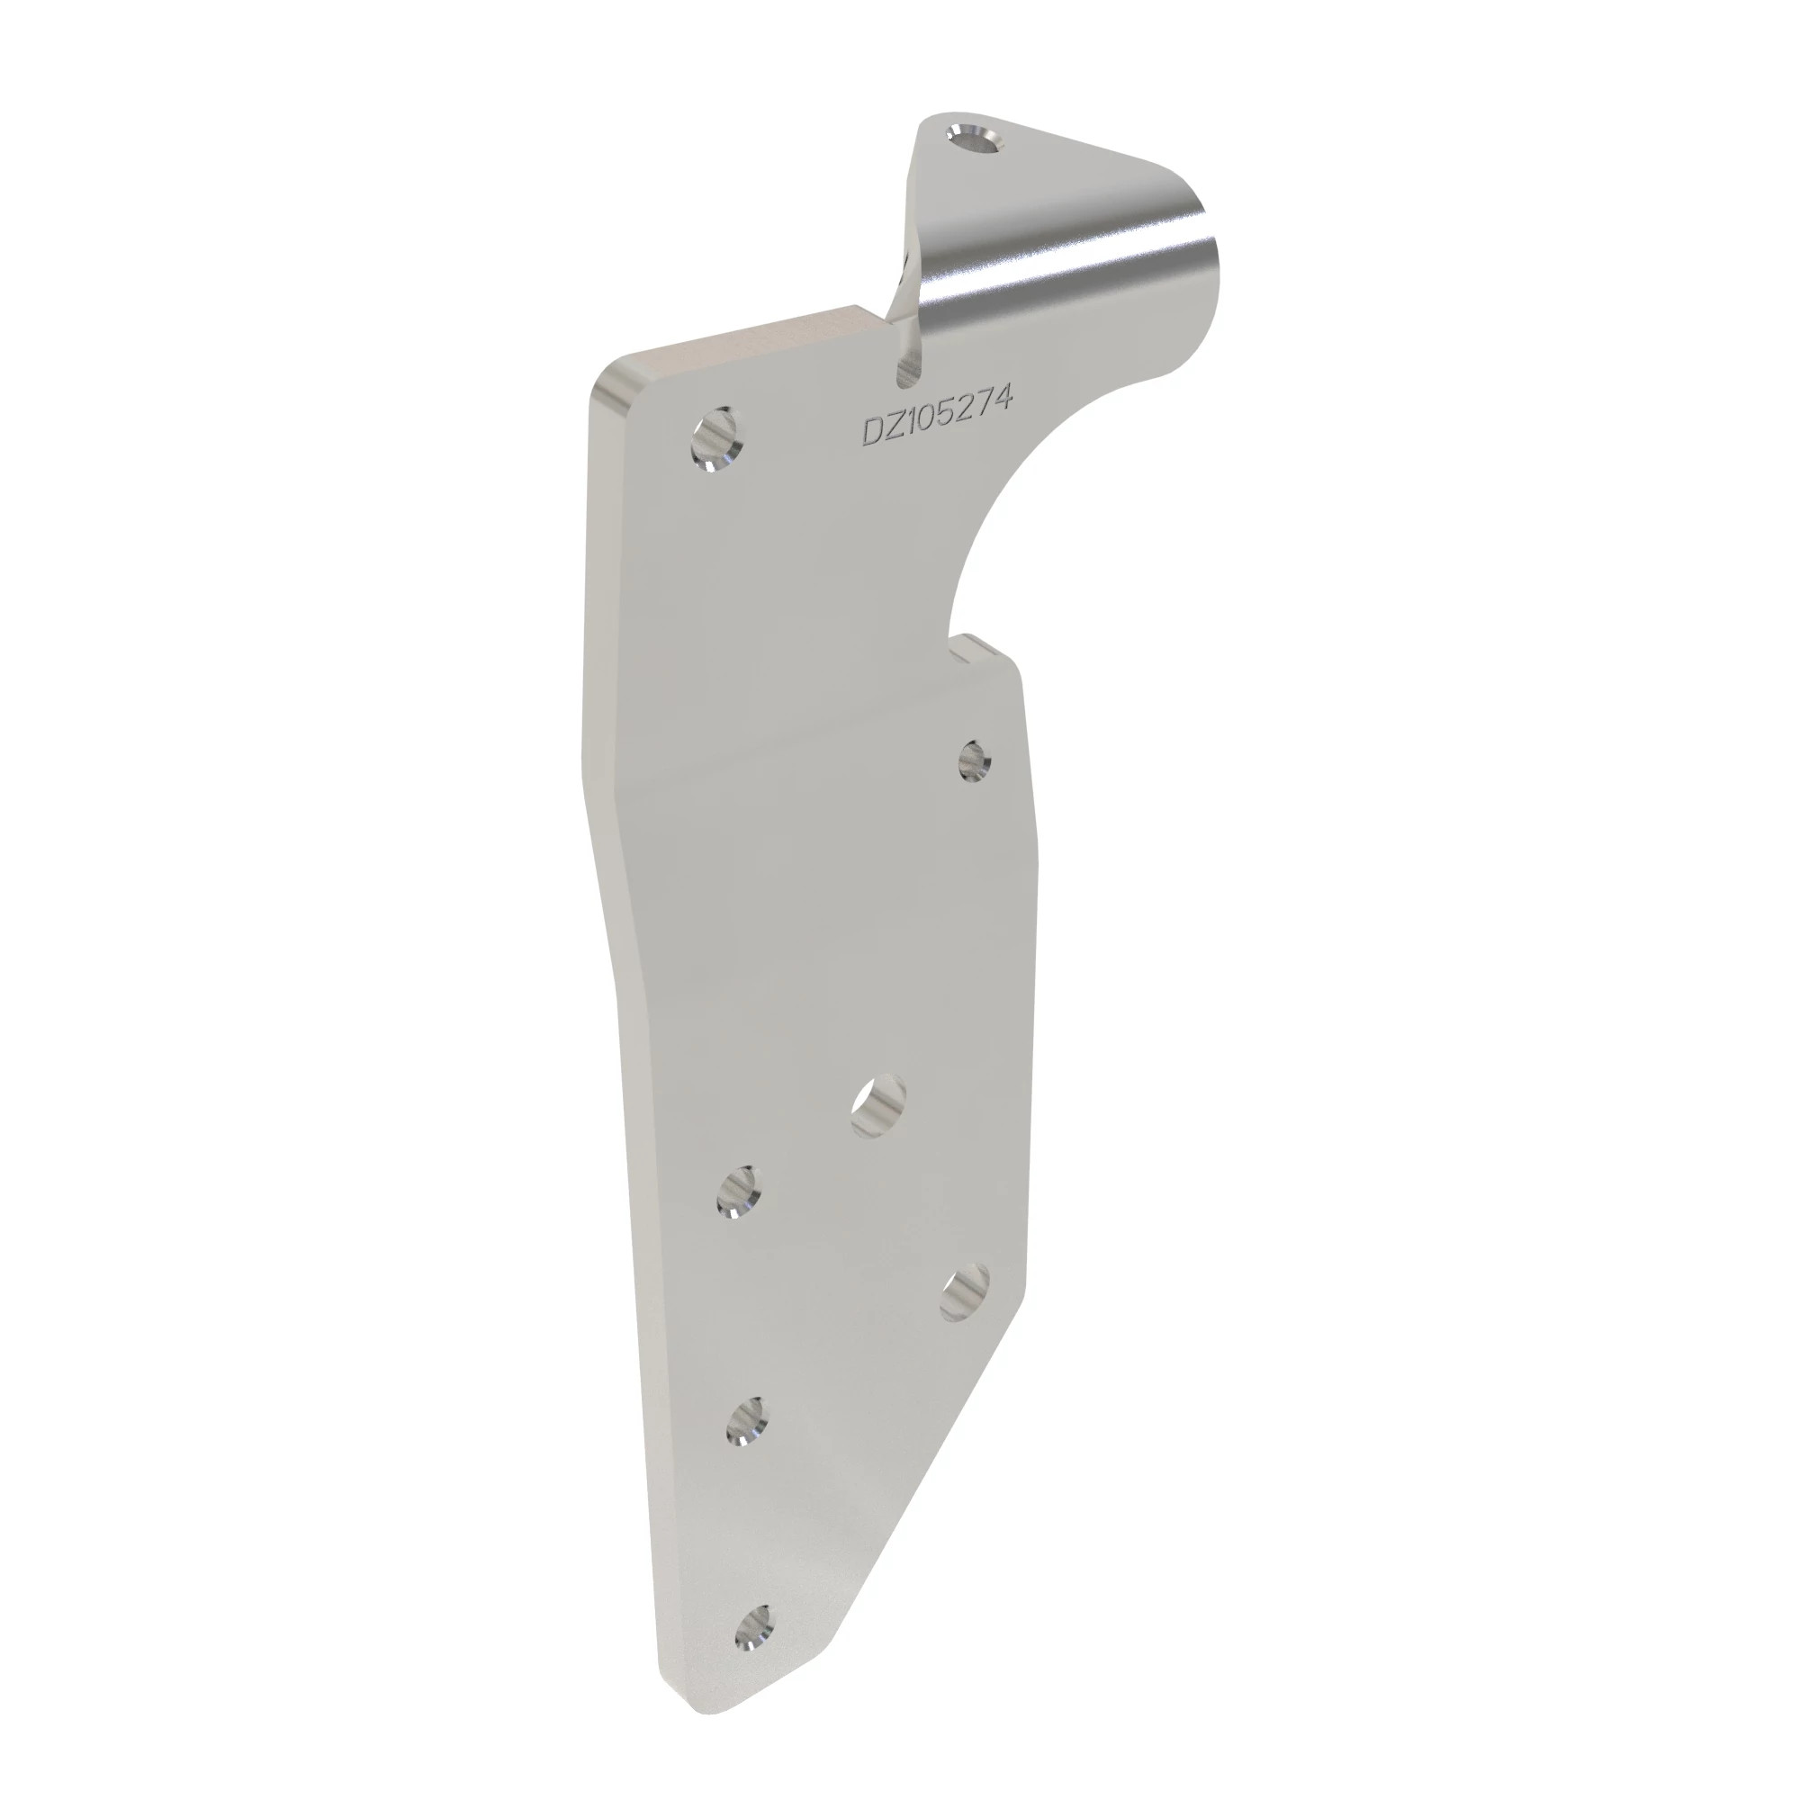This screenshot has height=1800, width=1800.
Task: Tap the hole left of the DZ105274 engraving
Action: pyautogui.click(x=716, y=441)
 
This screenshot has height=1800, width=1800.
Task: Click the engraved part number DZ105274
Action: pyautogui.click(x=935, y=416)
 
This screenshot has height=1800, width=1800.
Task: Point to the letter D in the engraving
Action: pyautogui.click(x=875, y=432)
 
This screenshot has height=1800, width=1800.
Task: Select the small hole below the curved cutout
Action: pyautogui.click(x=975, y=760)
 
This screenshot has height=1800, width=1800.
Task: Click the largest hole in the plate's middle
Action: pyautogui.click(x=877, y=1106)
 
